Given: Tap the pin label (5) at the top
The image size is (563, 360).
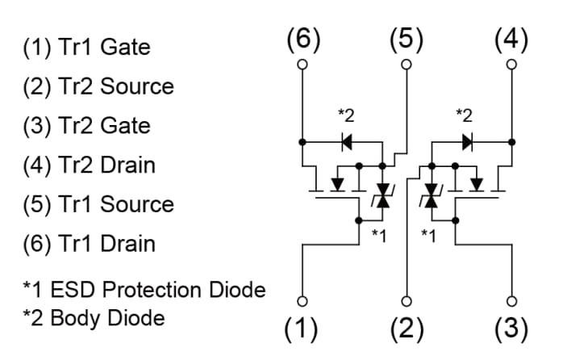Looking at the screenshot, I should [407, 39].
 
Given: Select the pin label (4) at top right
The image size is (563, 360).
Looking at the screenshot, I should [511, 39].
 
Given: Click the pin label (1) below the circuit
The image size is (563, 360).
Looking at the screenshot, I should [302, 329].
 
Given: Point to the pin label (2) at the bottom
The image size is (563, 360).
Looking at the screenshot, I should [407, 329].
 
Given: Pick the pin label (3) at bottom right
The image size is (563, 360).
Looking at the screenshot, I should [511, 329].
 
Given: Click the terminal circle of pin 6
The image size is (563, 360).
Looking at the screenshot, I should [302, 64].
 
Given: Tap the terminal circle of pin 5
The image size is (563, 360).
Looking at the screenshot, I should [407, 64].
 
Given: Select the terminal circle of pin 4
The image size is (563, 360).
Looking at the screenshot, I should [511, 64].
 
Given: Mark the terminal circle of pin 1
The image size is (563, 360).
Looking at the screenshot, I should [302, 301].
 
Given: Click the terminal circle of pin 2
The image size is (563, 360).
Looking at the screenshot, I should [407, 301].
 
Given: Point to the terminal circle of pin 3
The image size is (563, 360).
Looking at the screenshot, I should [511, 301].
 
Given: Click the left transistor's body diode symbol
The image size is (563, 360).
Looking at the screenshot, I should [347, 143].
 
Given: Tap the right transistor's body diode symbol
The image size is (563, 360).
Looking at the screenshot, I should [467, 143].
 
